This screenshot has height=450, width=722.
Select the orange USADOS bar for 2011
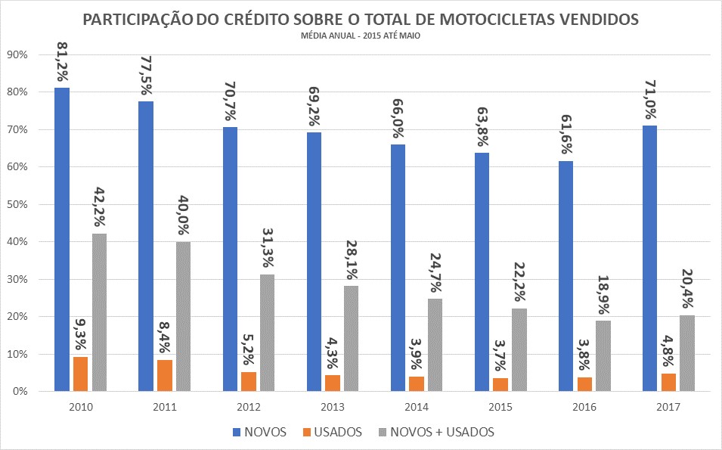(165, 375)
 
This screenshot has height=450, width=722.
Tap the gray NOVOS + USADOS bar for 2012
(268, 333)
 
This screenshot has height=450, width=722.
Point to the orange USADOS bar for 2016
(584, 384)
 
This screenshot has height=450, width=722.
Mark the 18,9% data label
(603, 297)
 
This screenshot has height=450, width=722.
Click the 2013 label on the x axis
(333, 407)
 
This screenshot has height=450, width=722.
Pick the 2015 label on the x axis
(500, 407)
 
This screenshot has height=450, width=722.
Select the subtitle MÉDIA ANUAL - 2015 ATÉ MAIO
(361, 35)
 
